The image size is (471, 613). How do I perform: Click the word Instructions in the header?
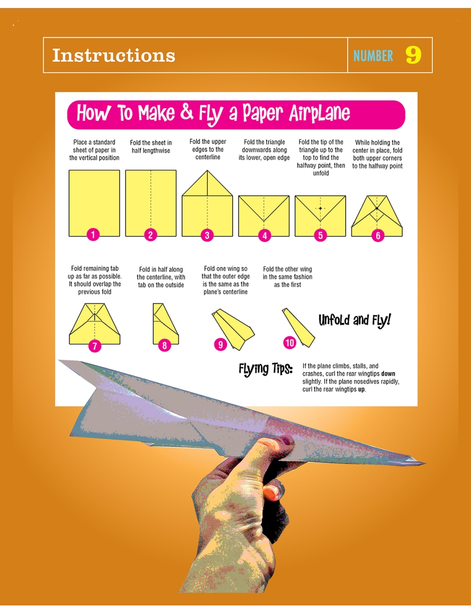click(x=114, y=55)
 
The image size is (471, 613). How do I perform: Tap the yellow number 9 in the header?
click(x=413, y=55)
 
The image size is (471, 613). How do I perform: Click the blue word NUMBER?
click(x=373, y=56)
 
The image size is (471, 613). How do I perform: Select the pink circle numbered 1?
click(x=93, y=234)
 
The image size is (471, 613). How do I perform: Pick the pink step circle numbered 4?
click(x=265, y=236)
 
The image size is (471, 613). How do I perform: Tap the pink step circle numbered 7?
click(x=95, y=346)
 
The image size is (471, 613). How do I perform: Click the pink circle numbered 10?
click(x=290, y=343)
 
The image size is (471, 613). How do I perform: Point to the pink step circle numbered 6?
click(x=378, y=236)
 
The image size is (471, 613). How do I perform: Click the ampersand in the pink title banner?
click(x=187, y=112)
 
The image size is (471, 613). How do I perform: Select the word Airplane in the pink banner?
click(x=319, y=113)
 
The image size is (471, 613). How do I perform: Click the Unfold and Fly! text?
click(x=355, y=321)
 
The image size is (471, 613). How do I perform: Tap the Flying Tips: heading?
click(x=266, y=368)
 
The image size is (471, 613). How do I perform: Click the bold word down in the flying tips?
click(x=388, y=374)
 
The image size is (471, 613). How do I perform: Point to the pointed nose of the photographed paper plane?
click(x=425, y=463)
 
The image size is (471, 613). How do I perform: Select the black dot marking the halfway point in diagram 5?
click(x=320, y=208)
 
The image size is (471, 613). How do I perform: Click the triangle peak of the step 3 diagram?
click(x=207, y=170)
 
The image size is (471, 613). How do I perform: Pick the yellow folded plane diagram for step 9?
click(x=233, y=329)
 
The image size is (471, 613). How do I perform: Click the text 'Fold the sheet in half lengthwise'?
click(x=151, y=147)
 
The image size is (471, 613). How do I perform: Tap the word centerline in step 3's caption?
click(x=208, y=157)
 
